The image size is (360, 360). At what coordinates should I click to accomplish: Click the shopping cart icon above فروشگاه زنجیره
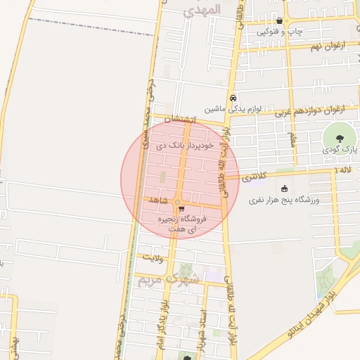[181, 209]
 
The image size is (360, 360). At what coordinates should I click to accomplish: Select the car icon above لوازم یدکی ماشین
[233, 98]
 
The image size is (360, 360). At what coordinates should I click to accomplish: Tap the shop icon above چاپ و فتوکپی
[280, 21]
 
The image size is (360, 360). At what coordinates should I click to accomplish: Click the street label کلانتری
[254, 178]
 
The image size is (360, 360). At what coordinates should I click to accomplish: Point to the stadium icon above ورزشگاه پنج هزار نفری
[284, 188]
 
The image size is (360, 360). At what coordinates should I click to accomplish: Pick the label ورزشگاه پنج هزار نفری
[285, 200]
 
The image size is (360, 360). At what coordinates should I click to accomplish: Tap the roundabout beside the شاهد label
[176, 202]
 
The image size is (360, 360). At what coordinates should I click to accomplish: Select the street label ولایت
[152, 258]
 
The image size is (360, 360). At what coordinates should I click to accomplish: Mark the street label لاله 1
[343, 170]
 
